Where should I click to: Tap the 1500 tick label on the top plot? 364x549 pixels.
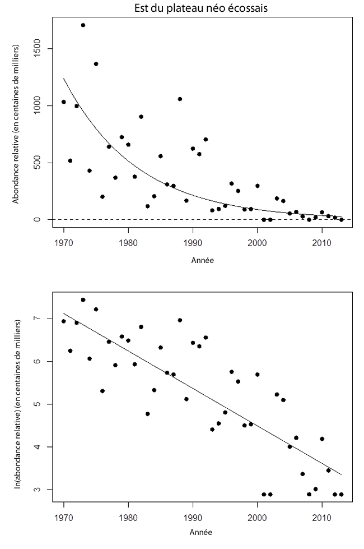click(x=36, y=49)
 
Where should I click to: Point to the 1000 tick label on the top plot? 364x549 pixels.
click(x=36, y=105)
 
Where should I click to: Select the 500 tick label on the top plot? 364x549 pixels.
click(x=36, y=163)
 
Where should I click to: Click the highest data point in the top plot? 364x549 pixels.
click(x=83, y=25)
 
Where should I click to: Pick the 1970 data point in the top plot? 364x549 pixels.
click(x=64, y=102)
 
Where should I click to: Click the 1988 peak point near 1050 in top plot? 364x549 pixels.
click(x=180, y=99)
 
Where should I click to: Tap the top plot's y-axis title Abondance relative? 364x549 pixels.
click(x=18, y=118)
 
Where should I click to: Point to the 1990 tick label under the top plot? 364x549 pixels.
click(x=193, y=242)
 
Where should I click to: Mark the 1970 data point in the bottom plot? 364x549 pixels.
click(x=64, y=321)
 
